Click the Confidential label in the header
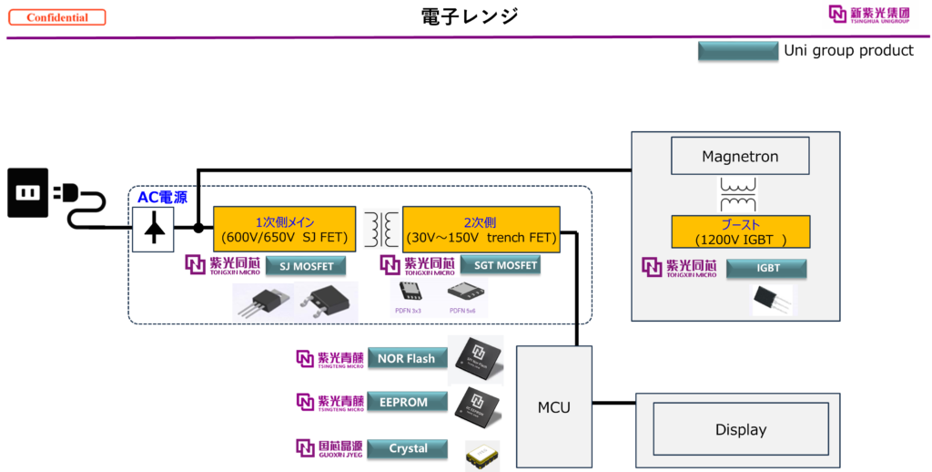click(x=57, y=17)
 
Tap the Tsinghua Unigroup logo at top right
click(x=870, y=15)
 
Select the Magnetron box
click(x=740, y=157)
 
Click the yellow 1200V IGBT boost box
click(x=740, y=231)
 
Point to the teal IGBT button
click(x=767, y=268)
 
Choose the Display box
click(x=741, y=430)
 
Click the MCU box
click(x=553, y=407)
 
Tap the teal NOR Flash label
click(x=407, y=358)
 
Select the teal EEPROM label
click(x=407, y=402)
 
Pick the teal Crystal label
click(x=408, y=448)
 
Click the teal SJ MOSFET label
click(x=306, y=266)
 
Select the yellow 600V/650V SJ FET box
click(x=284, y=230)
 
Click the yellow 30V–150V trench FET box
click(x=481, y=230)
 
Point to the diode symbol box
click(x=155, y=230)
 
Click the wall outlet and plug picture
click(x=57, y=198)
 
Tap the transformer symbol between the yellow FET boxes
click(x=381, y=229)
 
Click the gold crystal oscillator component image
click(x=482, y=456)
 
